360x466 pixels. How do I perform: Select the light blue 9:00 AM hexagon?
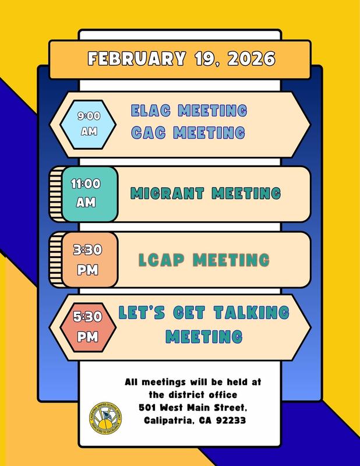[x=89, y=123]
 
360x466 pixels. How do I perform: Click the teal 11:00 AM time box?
[x=86, y=193]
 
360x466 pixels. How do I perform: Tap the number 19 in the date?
[x=207, y=59]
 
